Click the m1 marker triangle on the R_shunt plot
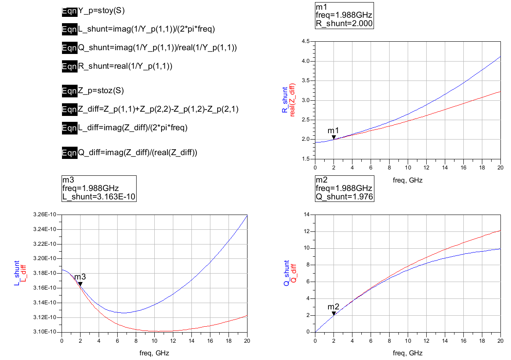coord(333,137)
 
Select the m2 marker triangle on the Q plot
coord(333,313)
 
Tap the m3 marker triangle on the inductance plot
coord(80,284)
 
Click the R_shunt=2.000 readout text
coord(344,24)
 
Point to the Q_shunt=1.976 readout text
coord(344,196)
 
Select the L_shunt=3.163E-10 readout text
coord(99,196)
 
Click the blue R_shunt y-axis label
coord(285,100)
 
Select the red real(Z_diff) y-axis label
coord(292,100)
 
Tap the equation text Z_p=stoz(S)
coord(101,91)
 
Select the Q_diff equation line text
coord(138,153)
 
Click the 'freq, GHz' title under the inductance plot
coord(154,353)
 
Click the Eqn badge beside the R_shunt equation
coord(69,66)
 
